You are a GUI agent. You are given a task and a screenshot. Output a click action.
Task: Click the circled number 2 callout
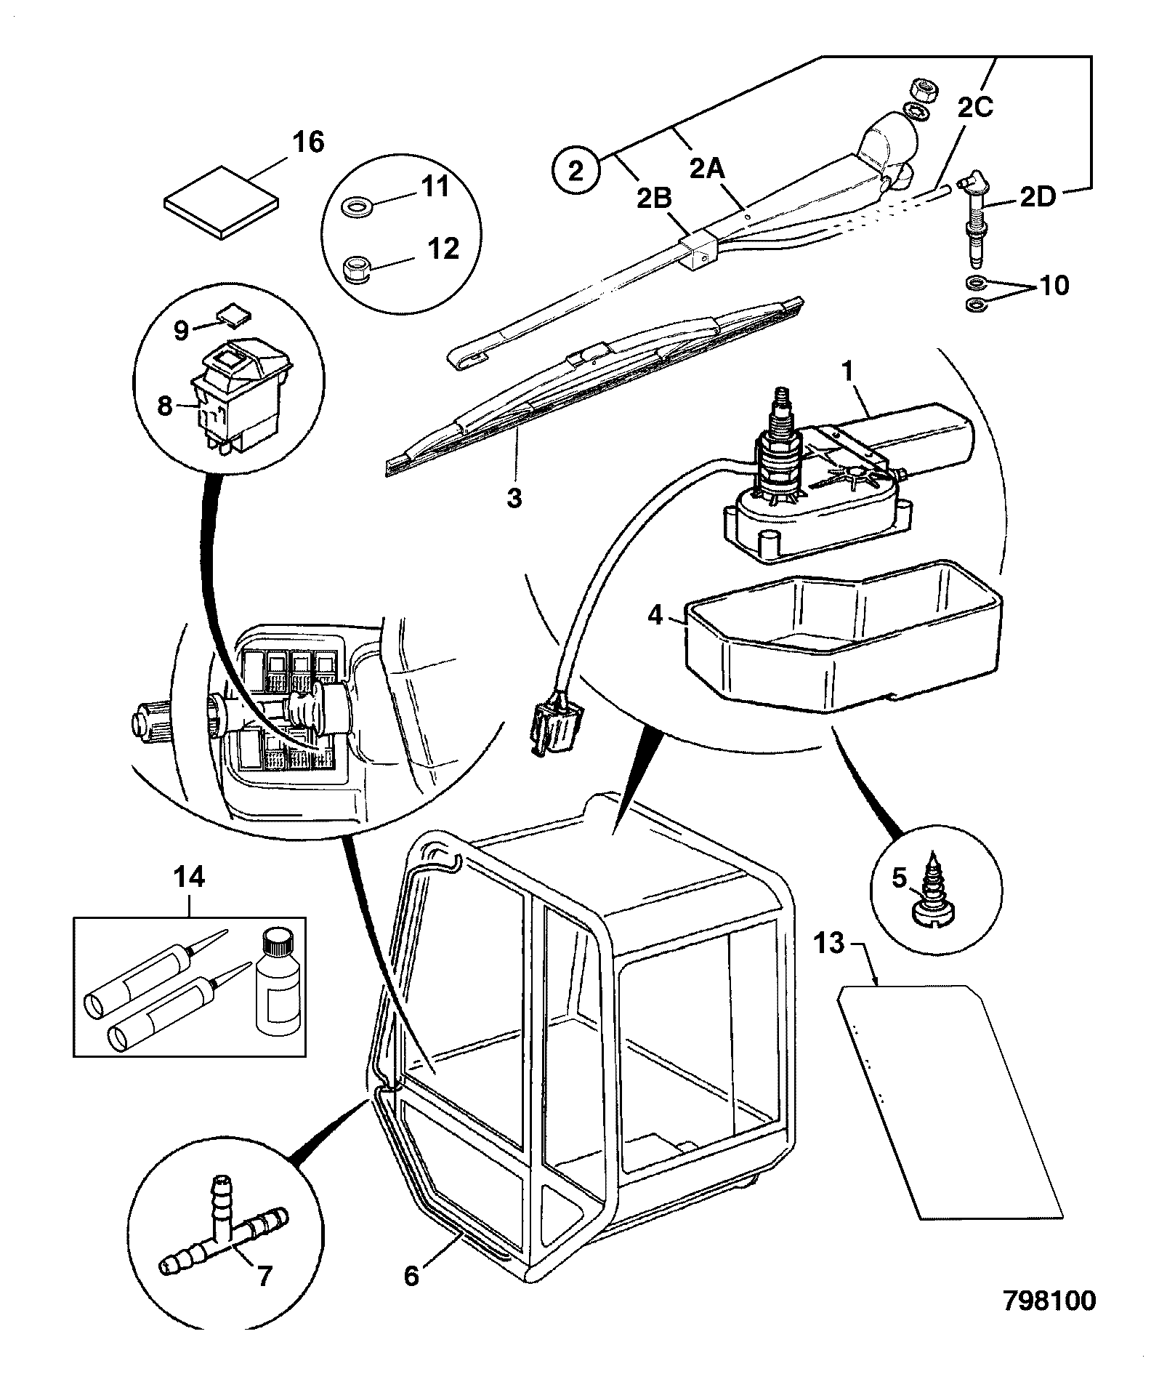click(x=575, y=172)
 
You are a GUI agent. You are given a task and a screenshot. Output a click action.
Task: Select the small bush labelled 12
click(x=356, y=268)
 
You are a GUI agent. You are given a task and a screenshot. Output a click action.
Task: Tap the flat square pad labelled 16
click(x=222, y=201)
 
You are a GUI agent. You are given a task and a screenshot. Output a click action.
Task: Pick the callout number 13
click(x=830, y=944)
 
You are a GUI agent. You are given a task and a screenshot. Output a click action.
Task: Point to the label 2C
click(x=974, y=107)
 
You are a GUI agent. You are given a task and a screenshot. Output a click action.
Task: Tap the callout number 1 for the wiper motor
click(x=847, y=370)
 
